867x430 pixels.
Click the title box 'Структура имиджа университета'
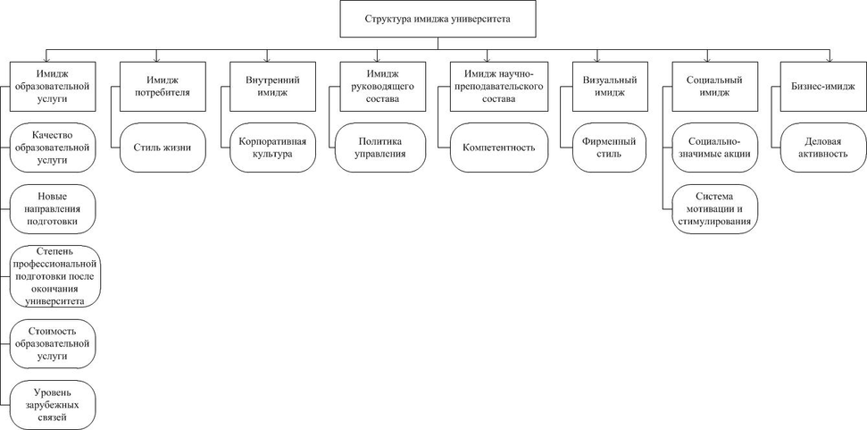click(x=438, y=18)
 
